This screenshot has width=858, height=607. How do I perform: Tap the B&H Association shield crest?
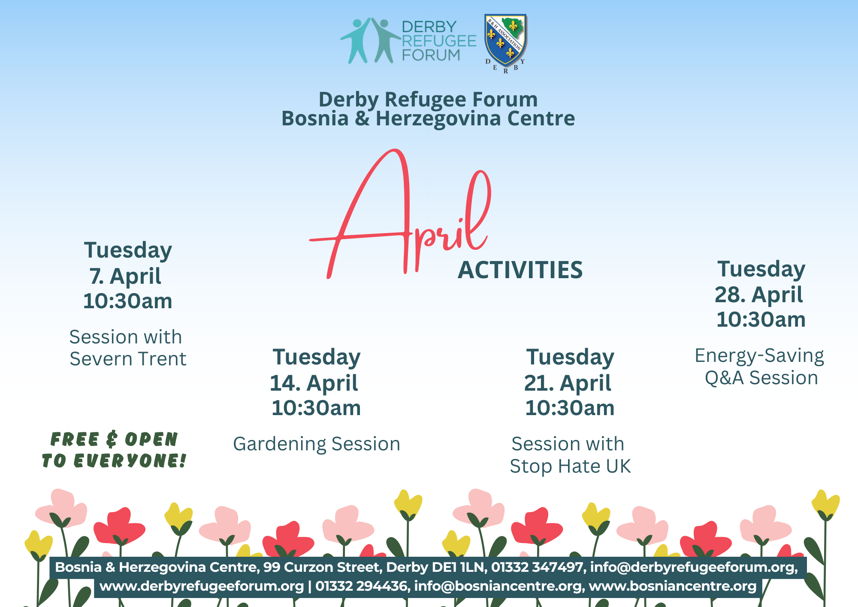click(x=505, y=41)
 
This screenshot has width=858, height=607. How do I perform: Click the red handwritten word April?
click(x=400, y=214)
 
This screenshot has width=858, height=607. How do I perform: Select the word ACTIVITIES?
click(x=520, y=270)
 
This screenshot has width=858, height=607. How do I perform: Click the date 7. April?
click(x=125, y=276)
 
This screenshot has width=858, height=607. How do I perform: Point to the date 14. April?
click(x=314, y=383)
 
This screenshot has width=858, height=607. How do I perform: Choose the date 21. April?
click(x=568, y=383)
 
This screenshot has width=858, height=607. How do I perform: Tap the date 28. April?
click(x=758, y=295)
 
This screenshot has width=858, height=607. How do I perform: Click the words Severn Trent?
click(x=128, y=359)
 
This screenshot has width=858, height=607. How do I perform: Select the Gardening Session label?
click(x=317, y=444)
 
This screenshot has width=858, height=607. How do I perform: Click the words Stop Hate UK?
click(x=570, y=466)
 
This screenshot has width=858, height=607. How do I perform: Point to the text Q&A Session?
click(x=761, y=378)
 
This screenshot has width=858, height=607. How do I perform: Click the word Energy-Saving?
click(x=759, y=356)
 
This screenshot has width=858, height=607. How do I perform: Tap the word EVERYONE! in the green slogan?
click(x=130, y=461)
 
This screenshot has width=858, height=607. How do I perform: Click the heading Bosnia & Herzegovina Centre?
click(x=428, y=118)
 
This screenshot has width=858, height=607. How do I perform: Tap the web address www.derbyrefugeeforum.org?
click(x=202, y=586)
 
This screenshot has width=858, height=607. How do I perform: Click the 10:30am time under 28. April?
click(x=761, y=320)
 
